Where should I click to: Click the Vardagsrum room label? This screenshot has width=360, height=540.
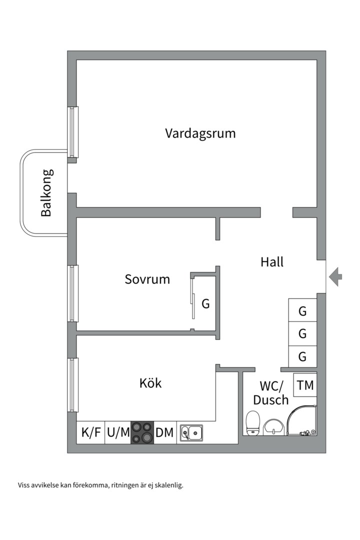coord(200,133)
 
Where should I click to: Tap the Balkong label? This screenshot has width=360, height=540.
coord(46,193)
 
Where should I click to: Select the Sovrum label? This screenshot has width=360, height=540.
coord(147,279)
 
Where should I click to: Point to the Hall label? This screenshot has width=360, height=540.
coord(272,261)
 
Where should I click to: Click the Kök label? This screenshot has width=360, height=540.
coord(150,383)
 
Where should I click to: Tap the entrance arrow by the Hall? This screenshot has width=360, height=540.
coord(335,276)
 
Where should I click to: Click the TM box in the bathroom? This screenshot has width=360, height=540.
coord(305,385)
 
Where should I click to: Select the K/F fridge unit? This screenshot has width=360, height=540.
coord(90,432)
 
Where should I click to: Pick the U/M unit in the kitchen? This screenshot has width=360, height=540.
coord(118,432)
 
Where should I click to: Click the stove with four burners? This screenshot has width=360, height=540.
coord(142,432)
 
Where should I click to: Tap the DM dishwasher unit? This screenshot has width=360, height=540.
coord(164,432)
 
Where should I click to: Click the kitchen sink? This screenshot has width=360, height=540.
coord(191,432)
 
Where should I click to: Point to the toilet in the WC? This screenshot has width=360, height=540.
coord(253,423)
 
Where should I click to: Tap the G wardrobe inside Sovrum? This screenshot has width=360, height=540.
coord(205,303)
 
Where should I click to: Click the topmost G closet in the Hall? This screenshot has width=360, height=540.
coord(302,310)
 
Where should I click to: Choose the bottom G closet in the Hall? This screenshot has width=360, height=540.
coord(302,356)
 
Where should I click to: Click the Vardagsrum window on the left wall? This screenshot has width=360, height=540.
coord(73,132)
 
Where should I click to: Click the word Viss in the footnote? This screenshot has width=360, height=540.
coord(24,484)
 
